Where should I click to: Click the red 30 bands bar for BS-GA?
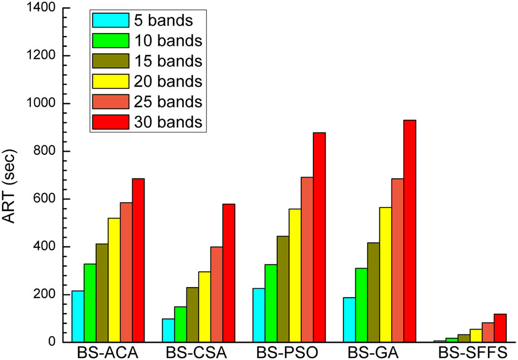410,231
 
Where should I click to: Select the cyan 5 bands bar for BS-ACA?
78,316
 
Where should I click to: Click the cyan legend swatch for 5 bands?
111,20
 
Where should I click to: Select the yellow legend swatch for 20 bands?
111,81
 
